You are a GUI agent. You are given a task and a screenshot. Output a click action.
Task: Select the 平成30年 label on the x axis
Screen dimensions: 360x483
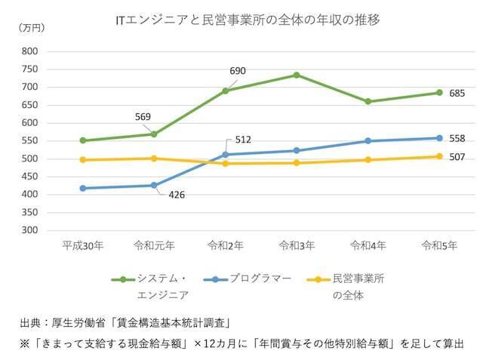82,245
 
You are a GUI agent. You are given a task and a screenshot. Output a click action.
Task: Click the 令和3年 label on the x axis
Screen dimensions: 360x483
297,245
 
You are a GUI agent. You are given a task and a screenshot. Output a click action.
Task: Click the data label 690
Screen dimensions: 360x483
237,71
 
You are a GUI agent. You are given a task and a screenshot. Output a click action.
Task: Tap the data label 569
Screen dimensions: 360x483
143,116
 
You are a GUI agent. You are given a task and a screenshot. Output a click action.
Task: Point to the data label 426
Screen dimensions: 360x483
175,195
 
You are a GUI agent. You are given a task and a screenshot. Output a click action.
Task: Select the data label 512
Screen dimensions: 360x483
242,140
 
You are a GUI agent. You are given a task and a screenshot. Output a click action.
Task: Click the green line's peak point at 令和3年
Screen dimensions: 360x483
297,75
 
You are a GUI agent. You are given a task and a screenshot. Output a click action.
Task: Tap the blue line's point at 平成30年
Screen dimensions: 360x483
82,188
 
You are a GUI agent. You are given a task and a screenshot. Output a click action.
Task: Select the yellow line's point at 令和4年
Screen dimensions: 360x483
368,160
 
